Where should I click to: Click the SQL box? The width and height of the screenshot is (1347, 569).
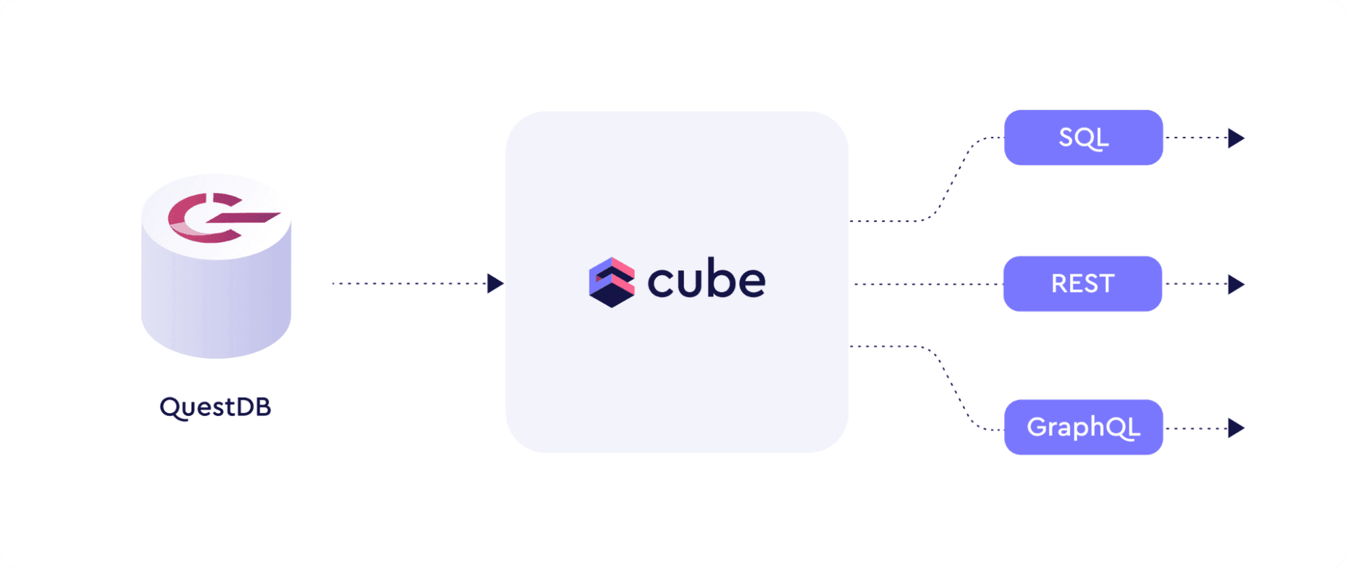pyautogui.click(x=1083, y=138)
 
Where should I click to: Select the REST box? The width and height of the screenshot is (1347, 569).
pyautogui.click(x=1083, y=283)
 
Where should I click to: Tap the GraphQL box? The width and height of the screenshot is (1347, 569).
pyautogui.click(x=1083, y=427)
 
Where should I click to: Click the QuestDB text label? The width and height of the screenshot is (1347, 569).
pyautogui.click(x=215, y=408)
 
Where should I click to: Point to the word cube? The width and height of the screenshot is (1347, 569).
pyautogui.click(x=706, y=279)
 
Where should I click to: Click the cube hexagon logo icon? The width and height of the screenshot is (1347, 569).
pyautogui.click(x=612, y=282)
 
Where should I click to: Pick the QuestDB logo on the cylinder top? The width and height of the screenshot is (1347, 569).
pyautogui.click(x=223, y=217)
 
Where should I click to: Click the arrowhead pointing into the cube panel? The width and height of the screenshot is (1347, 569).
pyautogui.click(x=495, y=283)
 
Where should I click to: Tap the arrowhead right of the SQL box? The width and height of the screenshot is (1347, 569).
pyautogui.click(x=1236, y=138)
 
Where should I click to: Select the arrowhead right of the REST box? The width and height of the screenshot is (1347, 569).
pyautogui.click(x=1236, y=284)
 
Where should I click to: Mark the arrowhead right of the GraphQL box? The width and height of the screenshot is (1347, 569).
pyautogui.click(x=1236, y=428)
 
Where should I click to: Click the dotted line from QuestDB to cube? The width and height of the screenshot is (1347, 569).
pyautogui.click(x=410, y=283)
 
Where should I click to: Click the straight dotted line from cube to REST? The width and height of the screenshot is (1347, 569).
pyautogui.click(x=929, y=284)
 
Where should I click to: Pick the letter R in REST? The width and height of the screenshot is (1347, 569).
pyautogui.click(x=1059, y=283)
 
